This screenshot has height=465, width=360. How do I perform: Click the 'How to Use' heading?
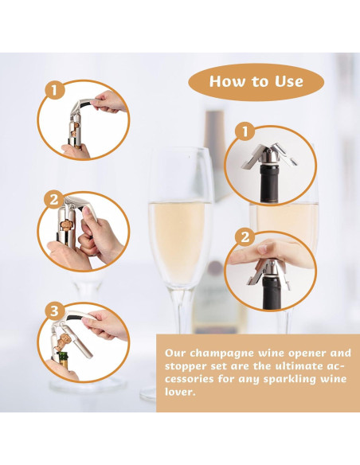tap(256, 81)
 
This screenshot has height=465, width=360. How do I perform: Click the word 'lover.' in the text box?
tap(180, 392)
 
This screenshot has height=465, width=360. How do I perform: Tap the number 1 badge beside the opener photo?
tap(55, 90)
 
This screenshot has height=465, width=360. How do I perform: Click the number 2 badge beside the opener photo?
tap(53, 199)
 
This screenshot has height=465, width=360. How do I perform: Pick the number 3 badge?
tap(55, 311)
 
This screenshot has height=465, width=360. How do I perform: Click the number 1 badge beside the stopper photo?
tap(245, 131)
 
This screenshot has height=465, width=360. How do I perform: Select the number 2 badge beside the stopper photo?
tap(245, 237)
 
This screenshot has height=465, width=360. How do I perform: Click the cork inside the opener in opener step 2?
tap(66, 225)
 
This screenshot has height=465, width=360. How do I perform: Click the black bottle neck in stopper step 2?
tap(272, 291)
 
